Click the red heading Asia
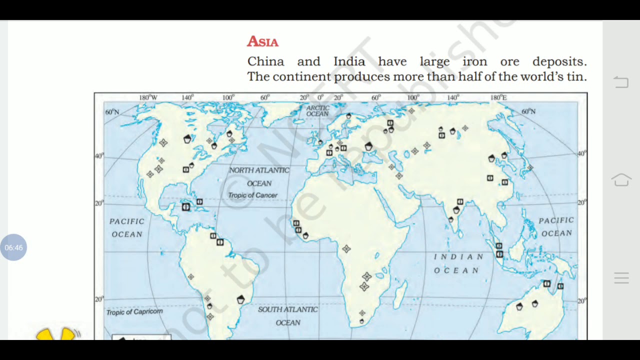(262, 41)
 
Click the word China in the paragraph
(265, 61)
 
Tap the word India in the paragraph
(349, 61)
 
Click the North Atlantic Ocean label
(259, 177)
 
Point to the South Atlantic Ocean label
(288, 316)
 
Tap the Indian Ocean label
(458, 263)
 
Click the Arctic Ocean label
(317, 111)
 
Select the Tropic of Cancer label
(252, 195)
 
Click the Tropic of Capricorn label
(134, 312)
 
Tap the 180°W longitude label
(148, 97)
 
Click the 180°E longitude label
(498, 97)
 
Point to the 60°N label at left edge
(112, 112)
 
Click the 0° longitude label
(320, 97)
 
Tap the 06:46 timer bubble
(13, 247)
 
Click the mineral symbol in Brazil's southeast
(241, 299)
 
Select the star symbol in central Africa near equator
(346, 248)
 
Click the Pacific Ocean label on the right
(556, 226)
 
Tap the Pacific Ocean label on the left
(127, 227)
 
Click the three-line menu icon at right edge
(621, 278)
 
